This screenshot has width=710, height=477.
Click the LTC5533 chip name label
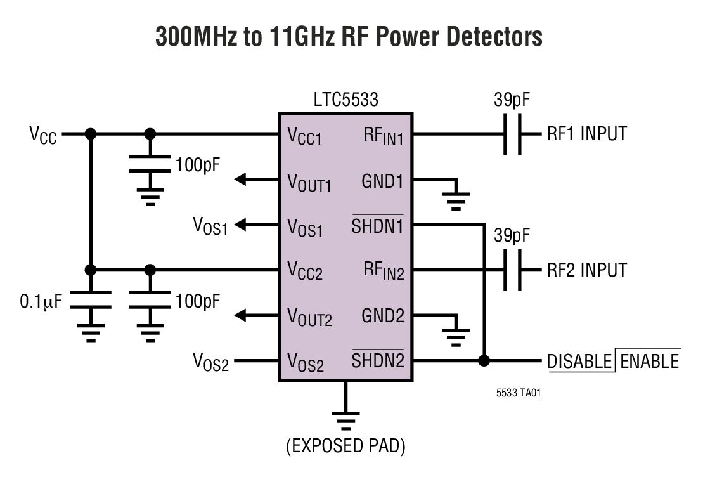tap(345, 100)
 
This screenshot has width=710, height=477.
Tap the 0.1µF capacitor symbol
tap(91, 299)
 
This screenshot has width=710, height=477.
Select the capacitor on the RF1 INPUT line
tap(514, 134)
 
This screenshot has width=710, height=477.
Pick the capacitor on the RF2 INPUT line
tap(514, 270)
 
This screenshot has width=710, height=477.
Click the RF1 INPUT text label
tap(586, 134)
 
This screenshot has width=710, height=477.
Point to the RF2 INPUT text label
tap(586, 270)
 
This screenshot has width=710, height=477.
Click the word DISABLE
tap(579, 361)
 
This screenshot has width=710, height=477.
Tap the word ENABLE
tap(649, 361)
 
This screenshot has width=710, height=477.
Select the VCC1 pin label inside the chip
tap(305, 136)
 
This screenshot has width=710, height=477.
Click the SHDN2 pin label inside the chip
tap(378, 361)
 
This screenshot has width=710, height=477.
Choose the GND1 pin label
tap(382, 181)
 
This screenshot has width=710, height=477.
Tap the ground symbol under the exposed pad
tap(346, 419)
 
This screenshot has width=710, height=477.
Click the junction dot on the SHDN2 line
tap(484, 361)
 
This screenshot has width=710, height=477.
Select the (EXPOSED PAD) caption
tap(345, 447)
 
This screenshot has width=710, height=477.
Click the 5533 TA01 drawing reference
tap(519, 393)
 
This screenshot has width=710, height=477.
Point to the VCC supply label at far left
tap(42, 136)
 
